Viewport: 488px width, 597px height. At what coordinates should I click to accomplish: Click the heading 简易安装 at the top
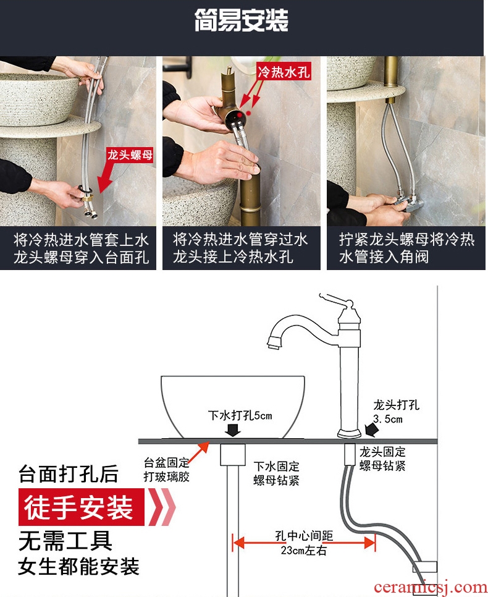(242, 20)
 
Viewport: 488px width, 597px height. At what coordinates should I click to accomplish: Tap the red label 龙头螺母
(130, 155)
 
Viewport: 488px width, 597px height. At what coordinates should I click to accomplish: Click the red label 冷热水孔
(284, 71)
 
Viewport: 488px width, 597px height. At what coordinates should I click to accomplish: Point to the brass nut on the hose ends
(87, 198)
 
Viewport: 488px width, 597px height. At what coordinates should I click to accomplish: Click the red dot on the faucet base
(239, 114)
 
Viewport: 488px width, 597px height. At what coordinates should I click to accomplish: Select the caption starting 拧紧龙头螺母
(406, 248)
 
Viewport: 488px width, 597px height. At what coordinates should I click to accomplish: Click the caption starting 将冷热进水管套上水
(81, 248)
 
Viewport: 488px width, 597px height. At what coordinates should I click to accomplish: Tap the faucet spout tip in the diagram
(274, 342)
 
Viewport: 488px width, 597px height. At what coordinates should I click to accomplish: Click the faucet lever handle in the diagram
(335, 299)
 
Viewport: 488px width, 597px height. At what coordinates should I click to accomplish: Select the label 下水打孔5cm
(240, 415)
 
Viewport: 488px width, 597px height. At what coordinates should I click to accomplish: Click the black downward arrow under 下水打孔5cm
(233, 430)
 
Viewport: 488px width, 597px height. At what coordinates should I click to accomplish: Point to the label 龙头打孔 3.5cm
(396, 412)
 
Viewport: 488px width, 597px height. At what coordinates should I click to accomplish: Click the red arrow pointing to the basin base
(198, 453)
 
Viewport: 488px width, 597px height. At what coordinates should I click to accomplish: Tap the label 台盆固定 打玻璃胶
(166, 470)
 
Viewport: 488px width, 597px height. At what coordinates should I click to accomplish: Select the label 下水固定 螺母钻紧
(276, 473)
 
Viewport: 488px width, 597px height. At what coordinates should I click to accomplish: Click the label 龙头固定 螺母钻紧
(382, 459)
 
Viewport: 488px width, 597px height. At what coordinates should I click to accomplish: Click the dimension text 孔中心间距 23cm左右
(304, 543)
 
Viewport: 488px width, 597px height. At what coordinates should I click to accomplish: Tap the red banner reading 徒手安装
(81, 507)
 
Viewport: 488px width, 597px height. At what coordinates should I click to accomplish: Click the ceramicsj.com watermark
(430, 586)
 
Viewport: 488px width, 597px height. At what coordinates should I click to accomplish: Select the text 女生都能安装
(79, 566)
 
